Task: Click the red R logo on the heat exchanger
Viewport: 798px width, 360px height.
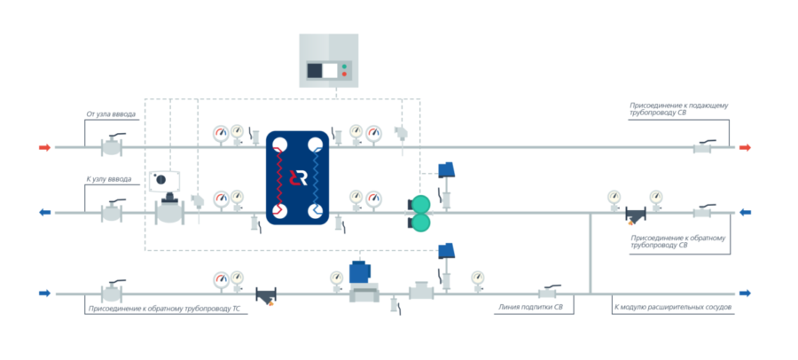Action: tap(298, 177)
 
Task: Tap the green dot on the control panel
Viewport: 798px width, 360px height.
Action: tap(344, 67)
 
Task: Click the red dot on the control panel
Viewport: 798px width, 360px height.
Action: tap(344, 74)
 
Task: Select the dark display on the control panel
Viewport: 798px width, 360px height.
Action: tap(315, 70)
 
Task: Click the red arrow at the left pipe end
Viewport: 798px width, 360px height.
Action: tap(45, 148)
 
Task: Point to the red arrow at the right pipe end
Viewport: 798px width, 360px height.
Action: tap(745, 148)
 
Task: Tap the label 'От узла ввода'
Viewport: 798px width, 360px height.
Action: tap(111, 114)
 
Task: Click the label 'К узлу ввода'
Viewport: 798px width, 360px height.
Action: tap(109, 179)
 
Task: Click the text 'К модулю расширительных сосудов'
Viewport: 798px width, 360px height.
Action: tap(673, 308)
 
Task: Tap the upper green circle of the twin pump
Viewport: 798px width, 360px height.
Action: tap(421, 205)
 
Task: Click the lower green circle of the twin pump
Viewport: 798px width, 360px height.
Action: tap(421, 222)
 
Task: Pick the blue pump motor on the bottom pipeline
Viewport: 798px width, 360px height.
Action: tap(360, 271)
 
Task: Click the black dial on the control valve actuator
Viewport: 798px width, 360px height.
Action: tap(160, 179)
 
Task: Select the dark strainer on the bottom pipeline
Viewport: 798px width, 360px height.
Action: tap(266, 296)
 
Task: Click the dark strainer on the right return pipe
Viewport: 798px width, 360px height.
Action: tap(635, 215)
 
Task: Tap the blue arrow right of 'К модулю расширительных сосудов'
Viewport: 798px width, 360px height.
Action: tap(745, 293)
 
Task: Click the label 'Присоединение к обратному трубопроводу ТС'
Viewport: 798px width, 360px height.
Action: tap(164, 309)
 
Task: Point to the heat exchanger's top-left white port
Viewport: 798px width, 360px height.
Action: tap(279, 145)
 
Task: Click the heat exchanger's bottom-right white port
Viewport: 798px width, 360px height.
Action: tap(315, 210)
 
